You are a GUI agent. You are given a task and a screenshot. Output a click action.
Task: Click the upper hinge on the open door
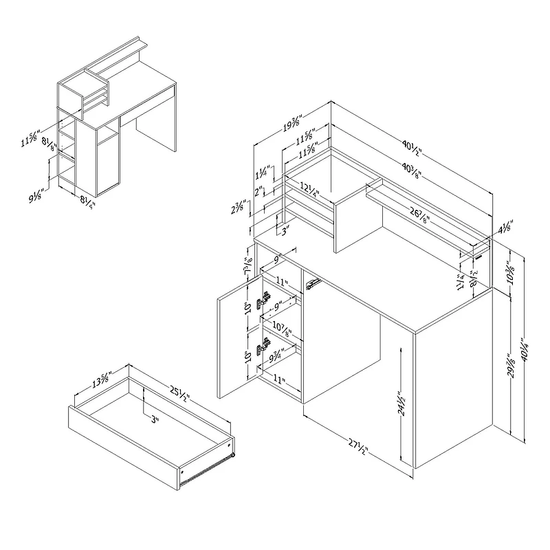pos(263,300)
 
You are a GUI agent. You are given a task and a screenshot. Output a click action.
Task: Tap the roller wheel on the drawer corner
pos(233,454)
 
